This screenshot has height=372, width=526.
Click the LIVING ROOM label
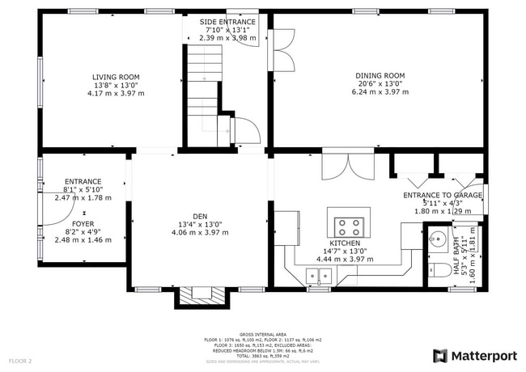click(x=116, y=77)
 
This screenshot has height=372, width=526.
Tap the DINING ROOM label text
click(x=380, y=76)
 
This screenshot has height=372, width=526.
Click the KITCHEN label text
click(x=344, y=243)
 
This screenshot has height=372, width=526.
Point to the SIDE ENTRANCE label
click(x=227, y=22)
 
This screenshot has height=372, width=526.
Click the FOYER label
click(x=83, y=223)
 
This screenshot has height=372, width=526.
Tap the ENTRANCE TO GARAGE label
click(x=443, y=196)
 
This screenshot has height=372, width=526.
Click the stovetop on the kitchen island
click(x=350, y=226)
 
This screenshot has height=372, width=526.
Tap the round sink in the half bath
click(x=438, y=240)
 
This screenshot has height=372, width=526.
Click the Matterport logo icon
click(x=440, y=355)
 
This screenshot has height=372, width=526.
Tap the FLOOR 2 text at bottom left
click(x=20, y=361)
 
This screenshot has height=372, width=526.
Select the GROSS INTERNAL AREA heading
click(x=262, y=332)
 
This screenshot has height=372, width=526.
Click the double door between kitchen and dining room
click(x=348, y=165)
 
